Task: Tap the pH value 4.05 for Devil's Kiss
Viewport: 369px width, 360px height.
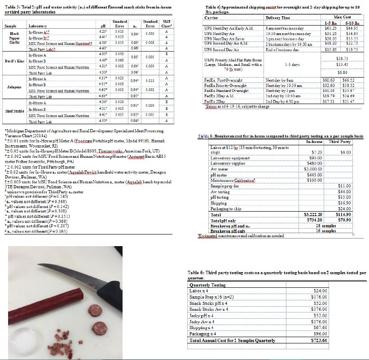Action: [x=102, y=54]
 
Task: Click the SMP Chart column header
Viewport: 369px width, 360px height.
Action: [x=167, y=22]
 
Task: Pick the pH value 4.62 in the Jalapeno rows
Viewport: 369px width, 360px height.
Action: [x=102, y=90]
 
